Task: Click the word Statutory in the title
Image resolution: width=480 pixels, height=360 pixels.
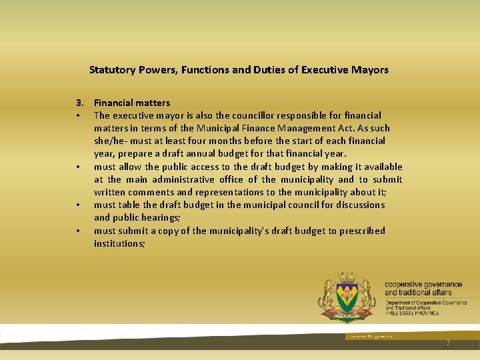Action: [x=111, y=69]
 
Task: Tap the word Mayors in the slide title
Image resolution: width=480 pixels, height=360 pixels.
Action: [x=372, y=69]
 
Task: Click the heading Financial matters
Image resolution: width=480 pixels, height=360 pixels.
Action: [x=132, y=103]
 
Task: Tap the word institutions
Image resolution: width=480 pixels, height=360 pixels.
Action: [x=119, y=243]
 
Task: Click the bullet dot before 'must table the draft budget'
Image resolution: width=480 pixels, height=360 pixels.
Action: [x=78, y=205]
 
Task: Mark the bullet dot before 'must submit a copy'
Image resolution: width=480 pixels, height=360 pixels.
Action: [x=78, y=231]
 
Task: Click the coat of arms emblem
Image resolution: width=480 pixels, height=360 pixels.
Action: [x=347, y=297]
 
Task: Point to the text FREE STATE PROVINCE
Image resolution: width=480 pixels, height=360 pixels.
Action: [x=412, y=313]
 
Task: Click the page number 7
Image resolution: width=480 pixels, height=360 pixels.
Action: [x=448, y=342]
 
